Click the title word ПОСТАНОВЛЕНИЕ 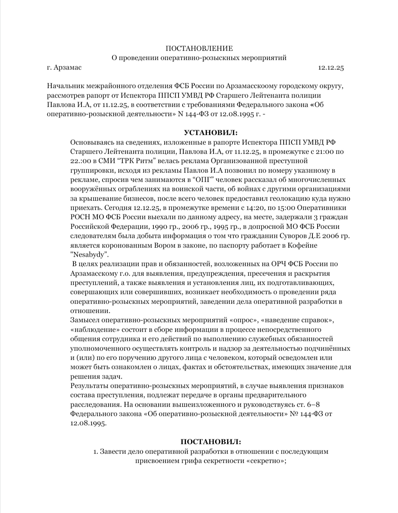tap(199, 48)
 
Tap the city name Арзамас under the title tap(68, 68)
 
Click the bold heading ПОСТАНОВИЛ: tap(211, 441)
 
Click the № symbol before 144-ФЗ tap(294, 414)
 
